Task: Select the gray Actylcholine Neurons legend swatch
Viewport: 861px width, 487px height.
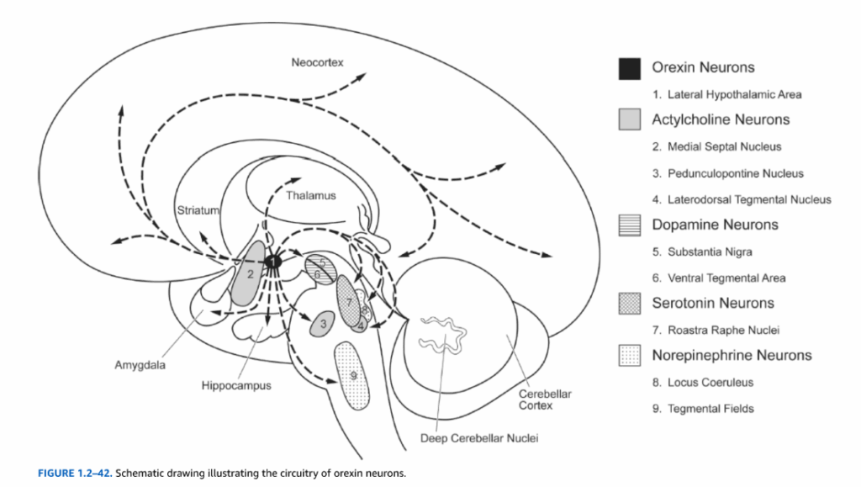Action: (631, 120)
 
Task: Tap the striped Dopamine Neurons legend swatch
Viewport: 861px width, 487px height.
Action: (631, 225)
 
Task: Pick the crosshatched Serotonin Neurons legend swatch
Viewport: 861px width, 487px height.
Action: (631, 304)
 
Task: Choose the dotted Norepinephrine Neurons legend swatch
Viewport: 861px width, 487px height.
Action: (631, 356)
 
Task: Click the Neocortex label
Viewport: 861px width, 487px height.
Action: (317, 63)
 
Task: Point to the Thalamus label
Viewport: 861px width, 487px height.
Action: (310, 196)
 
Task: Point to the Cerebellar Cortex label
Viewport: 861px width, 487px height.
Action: (536, 400)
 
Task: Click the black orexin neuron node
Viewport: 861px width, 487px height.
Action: (272, 262)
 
